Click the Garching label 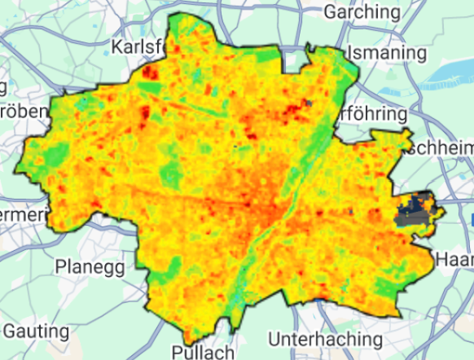(362, 13)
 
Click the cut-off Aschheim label (441, 147)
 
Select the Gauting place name (35, 331)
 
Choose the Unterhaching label (325, 338)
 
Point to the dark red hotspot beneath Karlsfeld (149, 72)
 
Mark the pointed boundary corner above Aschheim (405, 131)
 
